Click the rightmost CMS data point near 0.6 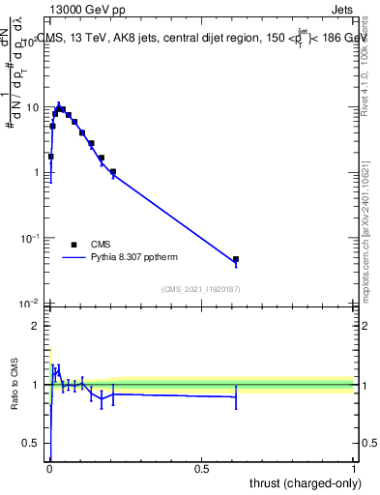236,259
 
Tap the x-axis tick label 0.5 201,468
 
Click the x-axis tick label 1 354,468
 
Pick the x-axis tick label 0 49,468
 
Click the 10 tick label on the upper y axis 32,106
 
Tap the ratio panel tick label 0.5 33,443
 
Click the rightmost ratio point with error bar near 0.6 236,396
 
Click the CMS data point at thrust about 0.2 113,172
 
